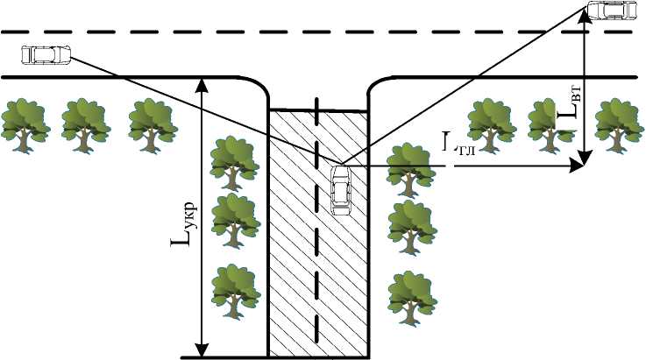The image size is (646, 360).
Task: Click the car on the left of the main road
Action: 45,54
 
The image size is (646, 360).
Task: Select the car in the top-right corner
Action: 612,10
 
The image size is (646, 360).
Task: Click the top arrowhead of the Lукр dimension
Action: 203,83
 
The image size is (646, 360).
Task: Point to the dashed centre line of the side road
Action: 317,263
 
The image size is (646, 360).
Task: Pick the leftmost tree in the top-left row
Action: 24,122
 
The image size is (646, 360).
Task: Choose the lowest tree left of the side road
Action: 234,289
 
